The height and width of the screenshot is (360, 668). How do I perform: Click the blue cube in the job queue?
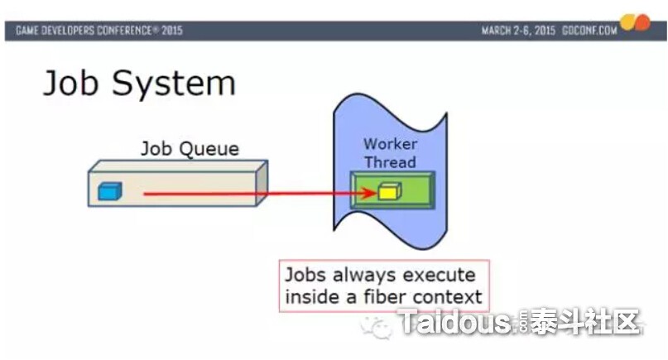(x=110, y=191)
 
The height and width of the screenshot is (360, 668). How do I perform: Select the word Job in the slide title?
(x=70, y=83)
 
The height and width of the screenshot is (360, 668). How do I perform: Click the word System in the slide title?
(x=173, y=84)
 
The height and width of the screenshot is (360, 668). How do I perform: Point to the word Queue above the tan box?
(x=209, y=149)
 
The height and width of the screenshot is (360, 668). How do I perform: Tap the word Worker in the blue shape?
(x=390, y=144)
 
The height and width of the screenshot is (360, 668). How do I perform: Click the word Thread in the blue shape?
(x=390, y=162)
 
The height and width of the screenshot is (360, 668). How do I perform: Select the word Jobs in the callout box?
(x=306, y=275)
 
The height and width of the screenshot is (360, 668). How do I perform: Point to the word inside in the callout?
(x=313, y=296)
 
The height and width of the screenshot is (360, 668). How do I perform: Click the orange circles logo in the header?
(x=635, y=22)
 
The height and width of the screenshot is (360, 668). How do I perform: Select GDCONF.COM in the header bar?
(x=589, y=31)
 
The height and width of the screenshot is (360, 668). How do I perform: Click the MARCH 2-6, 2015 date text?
(x=518, y=31)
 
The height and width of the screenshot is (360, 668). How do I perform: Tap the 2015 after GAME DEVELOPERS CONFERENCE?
(x=171, y=31)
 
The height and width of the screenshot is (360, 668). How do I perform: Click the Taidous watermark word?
(x=454, y=321)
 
